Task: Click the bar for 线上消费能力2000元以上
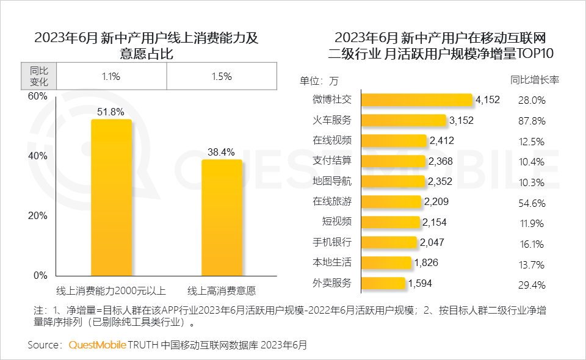[111, 198]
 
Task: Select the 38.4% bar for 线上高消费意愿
[222, 218]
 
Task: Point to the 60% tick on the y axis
[38, 96]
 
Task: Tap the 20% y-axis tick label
[38, 215]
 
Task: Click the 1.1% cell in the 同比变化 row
[110, 76]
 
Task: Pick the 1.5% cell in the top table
[222, 76]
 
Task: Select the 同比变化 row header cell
[38, 76]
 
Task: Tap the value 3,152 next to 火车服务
[461, 120]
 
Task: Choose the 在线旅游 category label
[332, 201]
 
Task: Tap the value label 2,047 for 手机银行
[432, 242]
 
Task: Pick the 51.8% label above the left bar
[110, 112]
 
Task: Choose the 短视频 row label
[336, 221]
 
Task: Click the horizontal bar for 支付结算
[394, 161]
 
